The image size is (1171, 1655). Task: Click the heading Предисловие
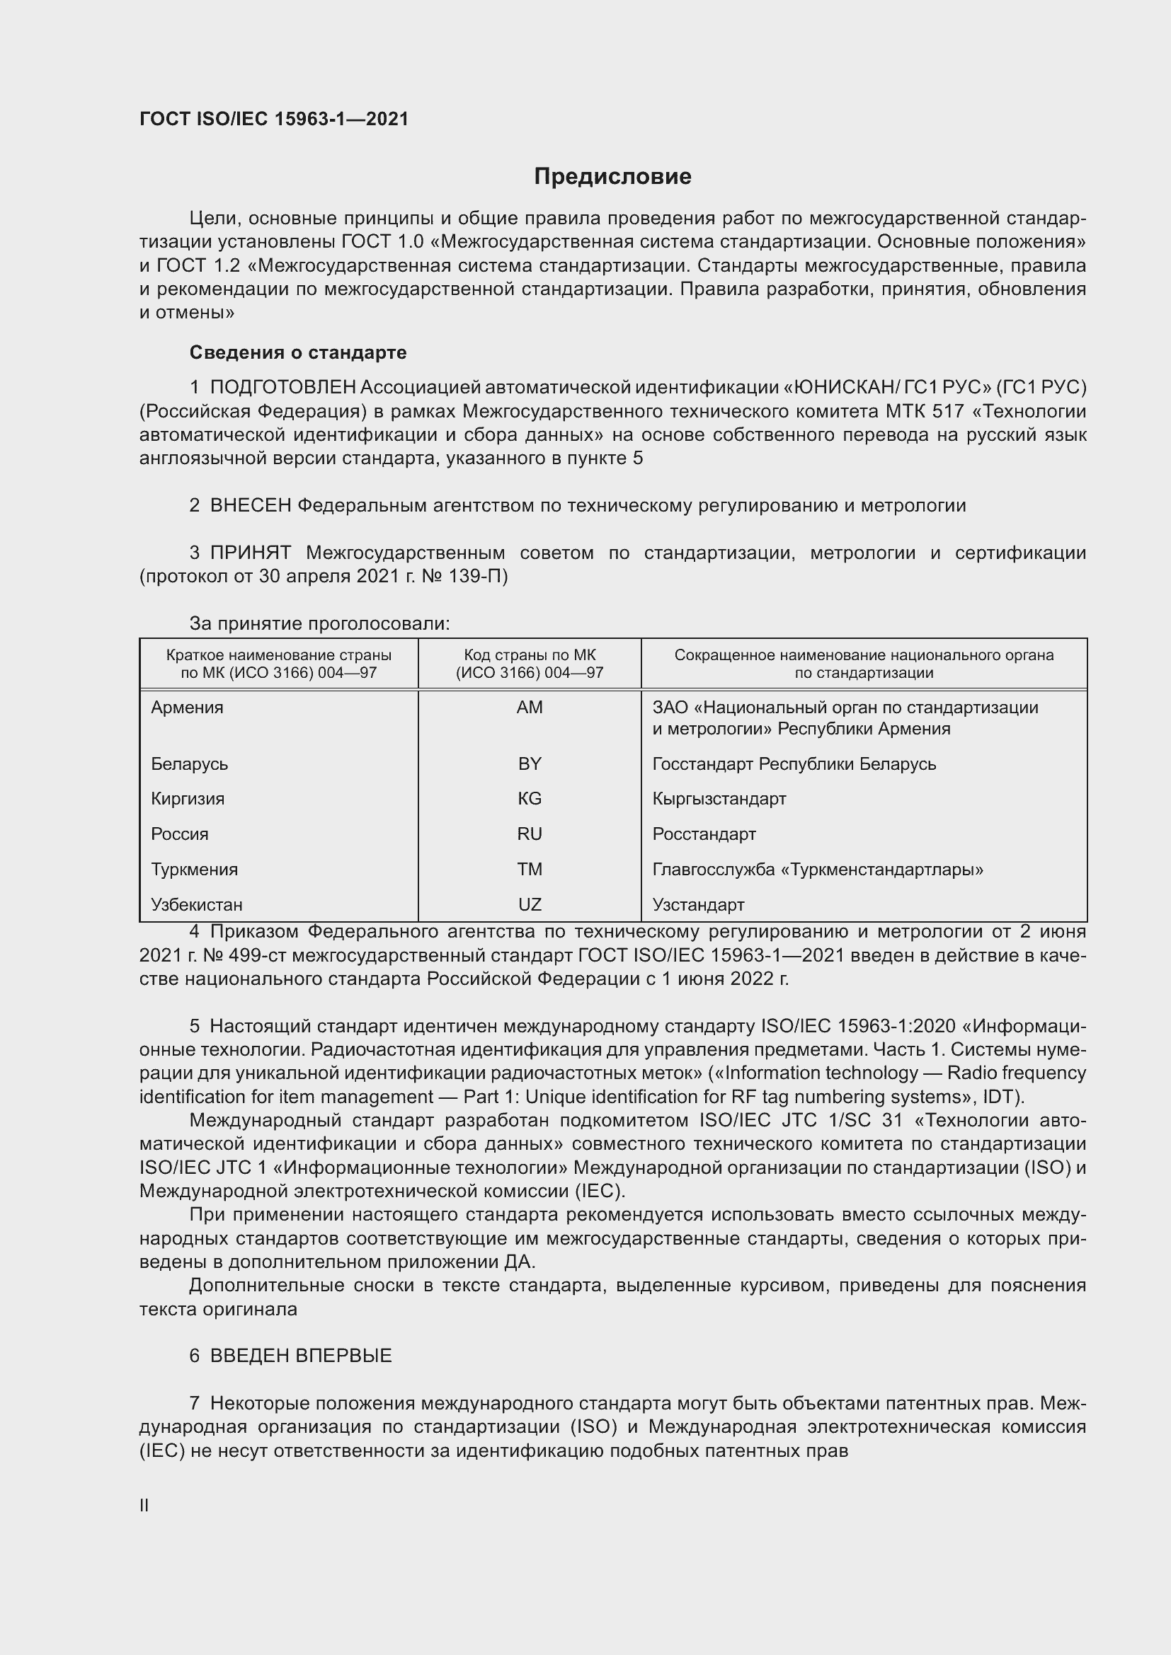tap(612, 177)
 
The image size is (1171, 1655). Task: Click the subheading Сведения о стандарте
tap(298, 352)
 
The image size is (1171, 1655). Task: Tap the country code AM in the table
tap(530, 707)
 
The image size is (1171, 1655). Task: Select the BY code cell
tap(530, 763)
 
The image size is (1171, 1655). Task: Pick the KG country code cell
tap(530, 799)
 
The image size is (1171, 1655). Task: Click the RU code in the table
tap(530, 834)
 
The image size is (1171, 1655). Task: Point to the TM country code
tap(530, 870)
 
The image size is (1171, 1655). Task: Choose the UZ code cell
tap(530, 905)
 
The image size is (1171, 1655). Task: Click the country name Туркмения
tap(194, 870)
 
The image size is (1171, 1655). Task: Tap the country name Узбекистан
tap(197, 905)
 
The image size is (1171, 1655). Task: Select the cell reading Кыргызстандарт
tap(719, 799)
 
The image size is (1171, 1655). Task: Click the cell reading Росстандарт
tap(704, 834)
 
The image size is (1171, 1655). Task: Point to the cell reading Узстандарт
tap(698, 905)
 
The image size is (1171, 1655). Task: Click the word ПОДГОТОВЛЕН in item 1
tap(282, 388)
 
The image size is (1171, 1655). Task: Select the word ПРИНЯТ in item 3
tap(250, 553)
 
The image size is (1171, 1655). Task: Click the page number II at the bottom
tap(144, 1506)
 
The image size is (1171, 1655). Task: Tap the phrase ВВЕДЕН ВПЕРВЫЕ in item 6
tap(301, 1356)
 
